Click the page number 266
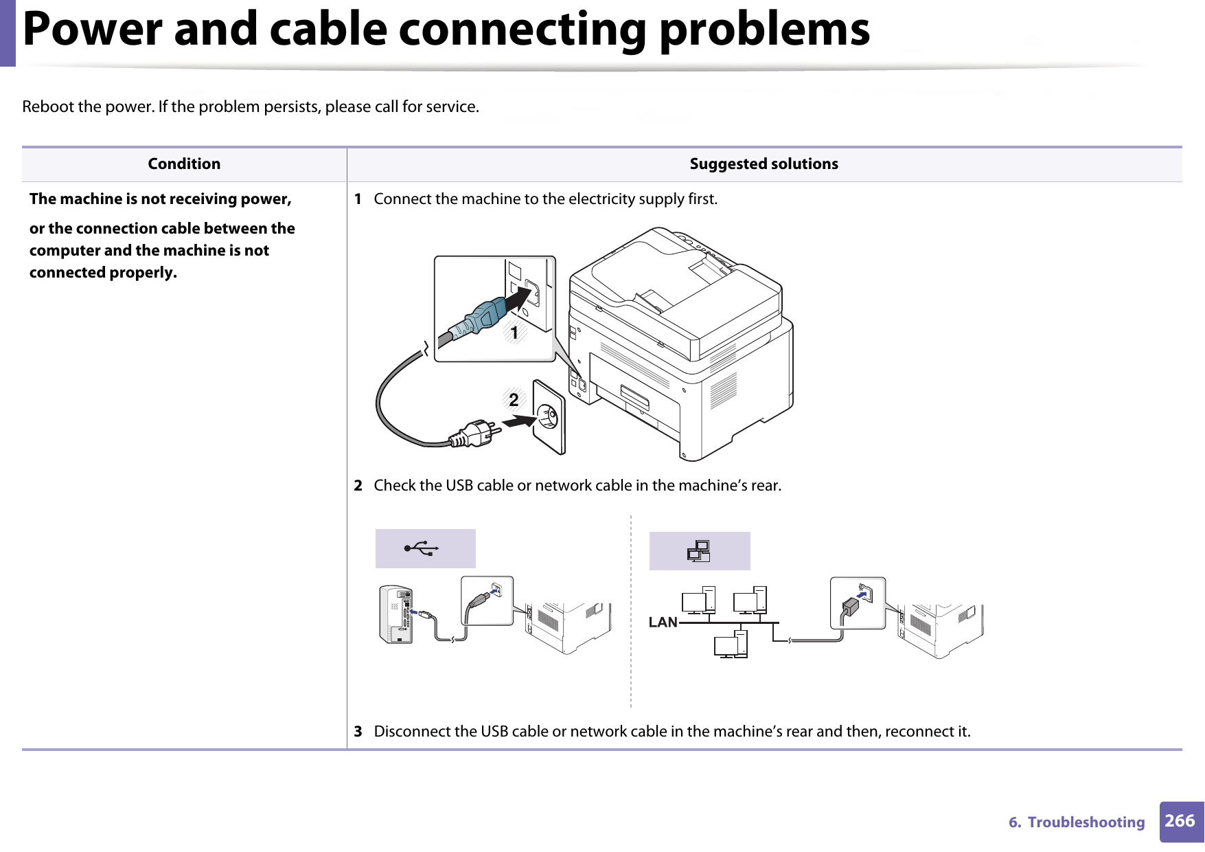(x=1180, y=821)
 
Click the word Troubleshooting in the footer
(x=1086, y=822)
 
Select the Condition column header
(x=184, y=164)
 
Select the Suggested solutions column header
(x=764, y=164)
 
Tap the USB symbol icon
(x=424, y=548)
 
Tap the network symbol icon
(x=699, y=551)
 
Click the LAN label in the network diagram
(x=663, y=623)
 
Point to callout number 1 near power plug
(x=514, y=333)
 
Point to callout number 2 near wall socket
(x=514, y=399)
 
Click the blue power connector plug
(x=484, y=317)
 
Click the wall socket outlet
(x=549, y=416)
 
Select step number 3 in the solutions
(x=358, y=732)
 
